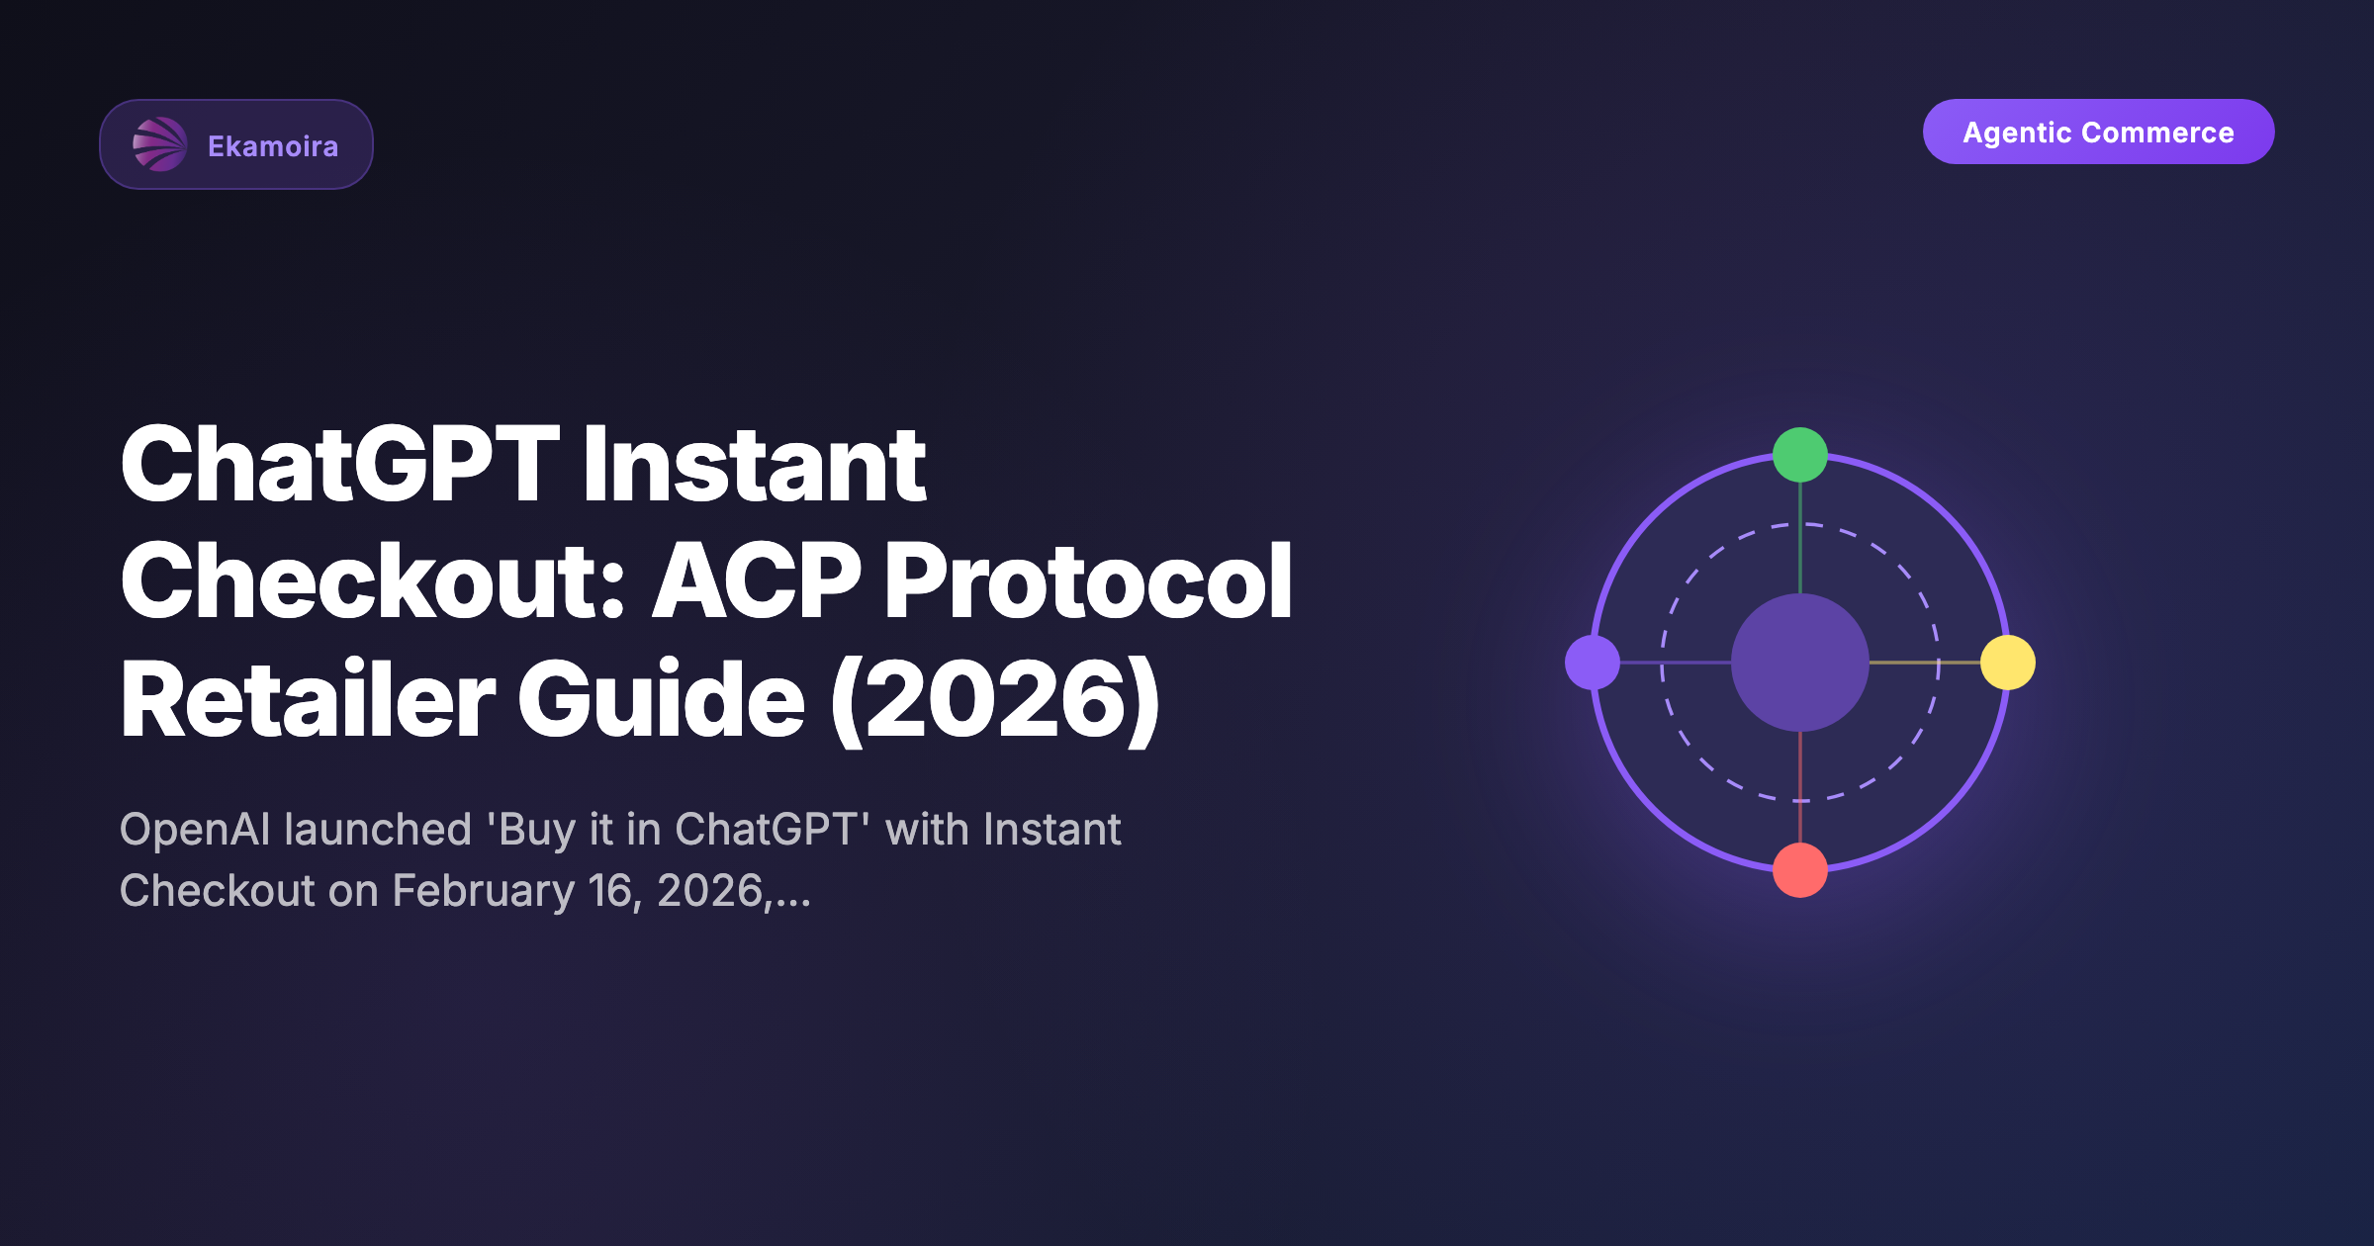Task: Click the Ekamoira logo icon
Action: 159,144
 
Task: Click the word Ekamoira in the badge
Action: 273,146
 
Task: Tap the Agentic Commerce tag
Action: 2098,132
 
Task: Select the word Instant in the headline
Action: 755,464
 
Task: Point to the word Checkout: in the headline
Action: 373,580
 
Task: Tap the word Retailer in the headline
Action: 308,699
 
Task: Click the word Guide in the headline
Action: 662,699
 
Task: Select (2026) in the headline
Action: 995,700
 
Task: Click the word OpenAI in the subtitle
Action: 196,831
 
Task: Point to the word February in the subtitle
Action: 484,891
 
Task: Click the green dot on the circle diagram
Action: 1800,455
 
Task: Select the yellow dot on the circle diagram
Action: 2008,663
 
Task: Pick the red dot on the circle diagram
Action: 1800,870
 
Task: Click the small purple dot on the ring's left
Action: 1593,663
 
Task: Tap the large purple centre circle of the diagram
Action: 1800,663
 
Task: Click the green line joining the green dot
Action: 1800,538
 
